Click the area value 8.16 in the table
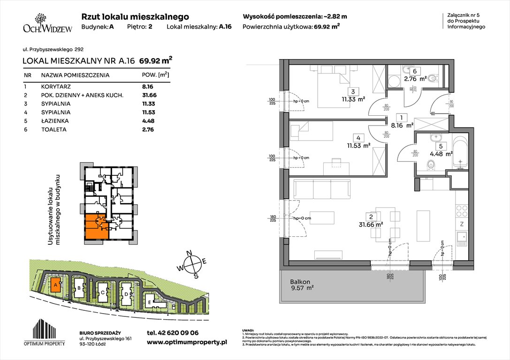click(x=148, y=87)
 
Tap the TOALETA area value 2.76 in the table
click(x=148, y=129)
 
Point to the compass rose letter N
click(x=190, y=254)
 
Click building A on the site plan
click(x=55, y=285)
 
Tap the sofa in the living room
click(x=321, y=189)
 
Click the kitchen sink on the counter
click(x=462, y=239)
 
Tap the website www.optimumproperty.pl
click(x=187, y=343)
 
